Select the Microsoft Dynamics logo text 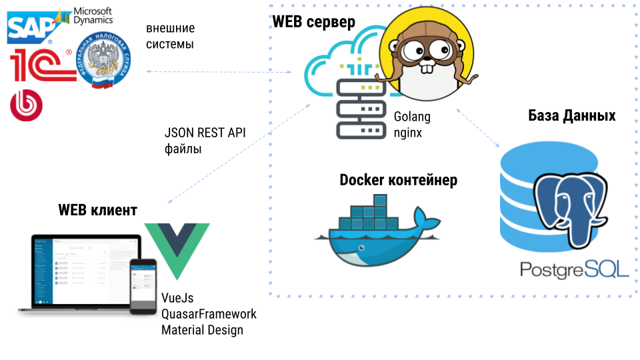[92, 16]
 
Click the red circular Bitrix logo [27, 105]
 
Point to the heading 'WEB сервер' [313, 21]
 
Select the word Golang [412, 117]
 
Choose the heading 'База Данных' [571, 116]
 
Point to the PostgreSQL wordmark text [574, 269]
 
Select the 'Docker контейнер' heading [399, 180]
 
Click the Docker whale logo [377, 233]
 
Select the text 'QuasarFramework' [209, 314]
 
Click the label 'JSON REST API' [205, 133]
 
